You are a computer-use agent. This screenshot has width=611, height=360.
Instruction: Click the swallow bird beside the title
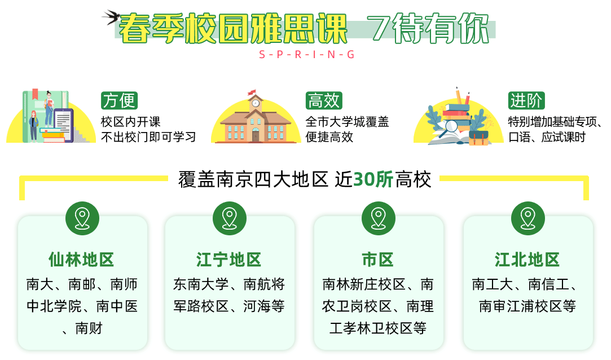[x=111, y=17]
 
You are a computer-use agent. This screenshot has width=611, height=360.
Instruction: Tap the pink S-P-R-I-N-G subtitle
[x=307, y=55]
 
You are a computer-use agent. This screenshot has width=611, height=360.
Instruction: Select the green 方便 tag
[x=119, y=100]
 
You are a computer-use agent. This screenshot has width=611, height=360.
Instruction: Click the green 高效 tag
[x=324, y=100]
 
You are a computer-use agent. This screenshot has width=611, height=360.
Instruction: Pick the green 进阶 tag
[x=526, y=100]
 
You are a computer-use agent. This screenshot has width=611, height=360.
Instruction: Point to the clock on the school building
[x=255, y=103]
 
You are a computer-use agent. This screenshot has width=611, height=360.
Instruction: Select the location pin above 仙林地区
[x=82, y=218]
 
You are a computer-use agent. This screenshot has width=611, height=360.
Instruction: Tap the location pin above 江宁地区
[x=230, y=218]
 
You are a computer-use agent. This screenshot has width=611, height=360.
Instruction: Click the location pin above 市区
[x=379, y=218]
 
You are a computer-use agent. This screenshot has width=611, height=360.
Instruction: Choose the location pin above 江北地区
[x=528, y=218]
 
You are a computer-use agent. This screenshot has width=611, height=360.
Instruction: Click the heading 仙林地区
[x=81, y=260]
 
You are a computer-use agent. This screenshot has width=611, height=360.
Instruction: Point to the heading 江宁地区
[x=228, y=260]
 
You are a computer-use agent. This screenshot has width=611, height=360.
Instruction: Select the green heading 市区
[x=378, y=260]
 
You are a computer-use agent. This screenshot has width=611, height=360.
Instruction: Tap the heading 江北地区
[x=528, y=260]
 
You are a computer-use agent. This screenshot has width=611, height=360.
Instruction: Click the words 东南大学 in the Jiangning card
[x=201, y=284]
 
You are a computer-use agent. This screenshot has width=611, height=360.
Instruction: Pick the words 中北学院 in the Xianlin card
[x=54, y=306]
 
